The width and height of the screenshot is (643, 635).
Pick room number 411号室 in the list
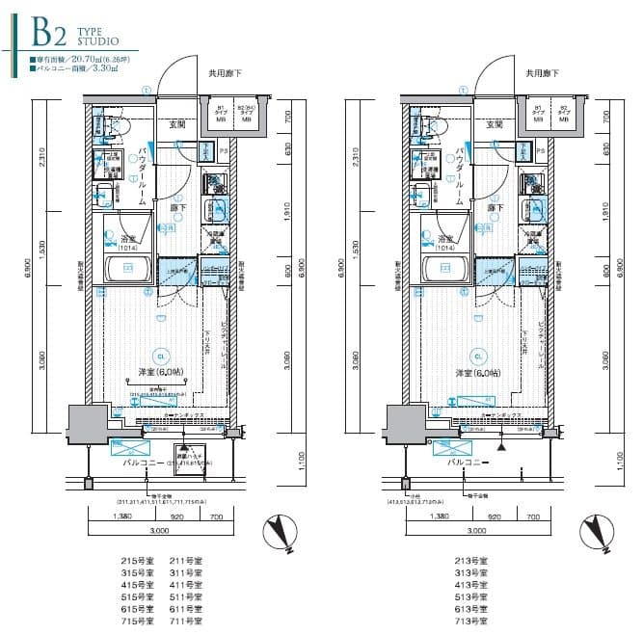185,586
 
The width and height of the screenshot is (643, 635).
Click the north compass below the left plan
280,536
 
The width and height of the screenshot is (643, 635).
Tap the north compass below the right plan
596,536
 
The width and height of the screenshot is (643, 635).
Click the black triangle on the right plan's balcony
500,447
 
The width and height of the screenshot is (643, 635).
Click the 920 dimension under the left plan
180,518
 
